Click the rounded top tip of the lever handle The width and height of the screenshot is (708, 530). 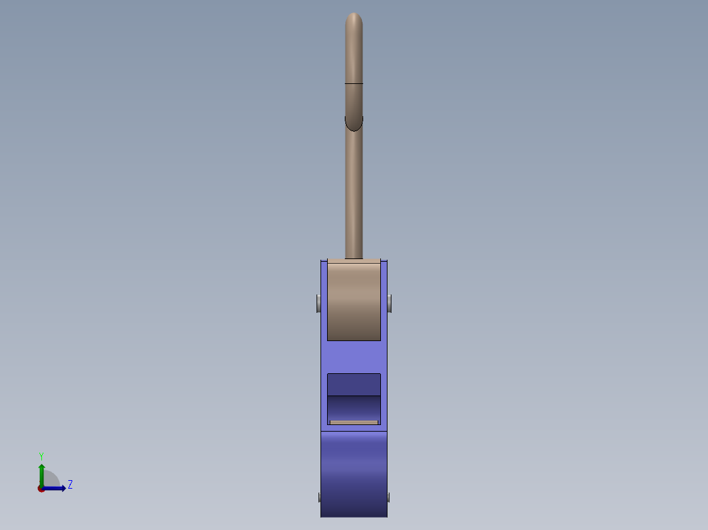click(x=354, y=14)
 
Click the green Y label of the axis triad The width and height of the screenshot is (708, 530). click(x=41, y=456)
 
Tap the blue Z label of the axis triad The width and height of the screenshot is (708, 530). click(x=70, y=485)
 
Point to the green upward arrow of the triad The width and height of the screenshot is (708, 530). click(x=41, y=476)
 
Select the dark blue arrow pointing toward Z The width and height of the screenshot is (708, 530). click(x=53, y=489)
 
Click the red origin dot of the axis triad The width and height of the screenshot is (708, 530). click(x=41, y=489)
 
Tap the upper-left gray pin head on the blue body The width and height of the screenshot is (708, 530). click(x=319, y=304)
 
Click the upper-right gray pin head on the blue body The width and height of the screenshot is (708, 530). click(x=389, y=304)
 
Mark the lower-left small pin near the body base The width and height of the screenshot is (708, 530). click(x=320, y=497)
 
